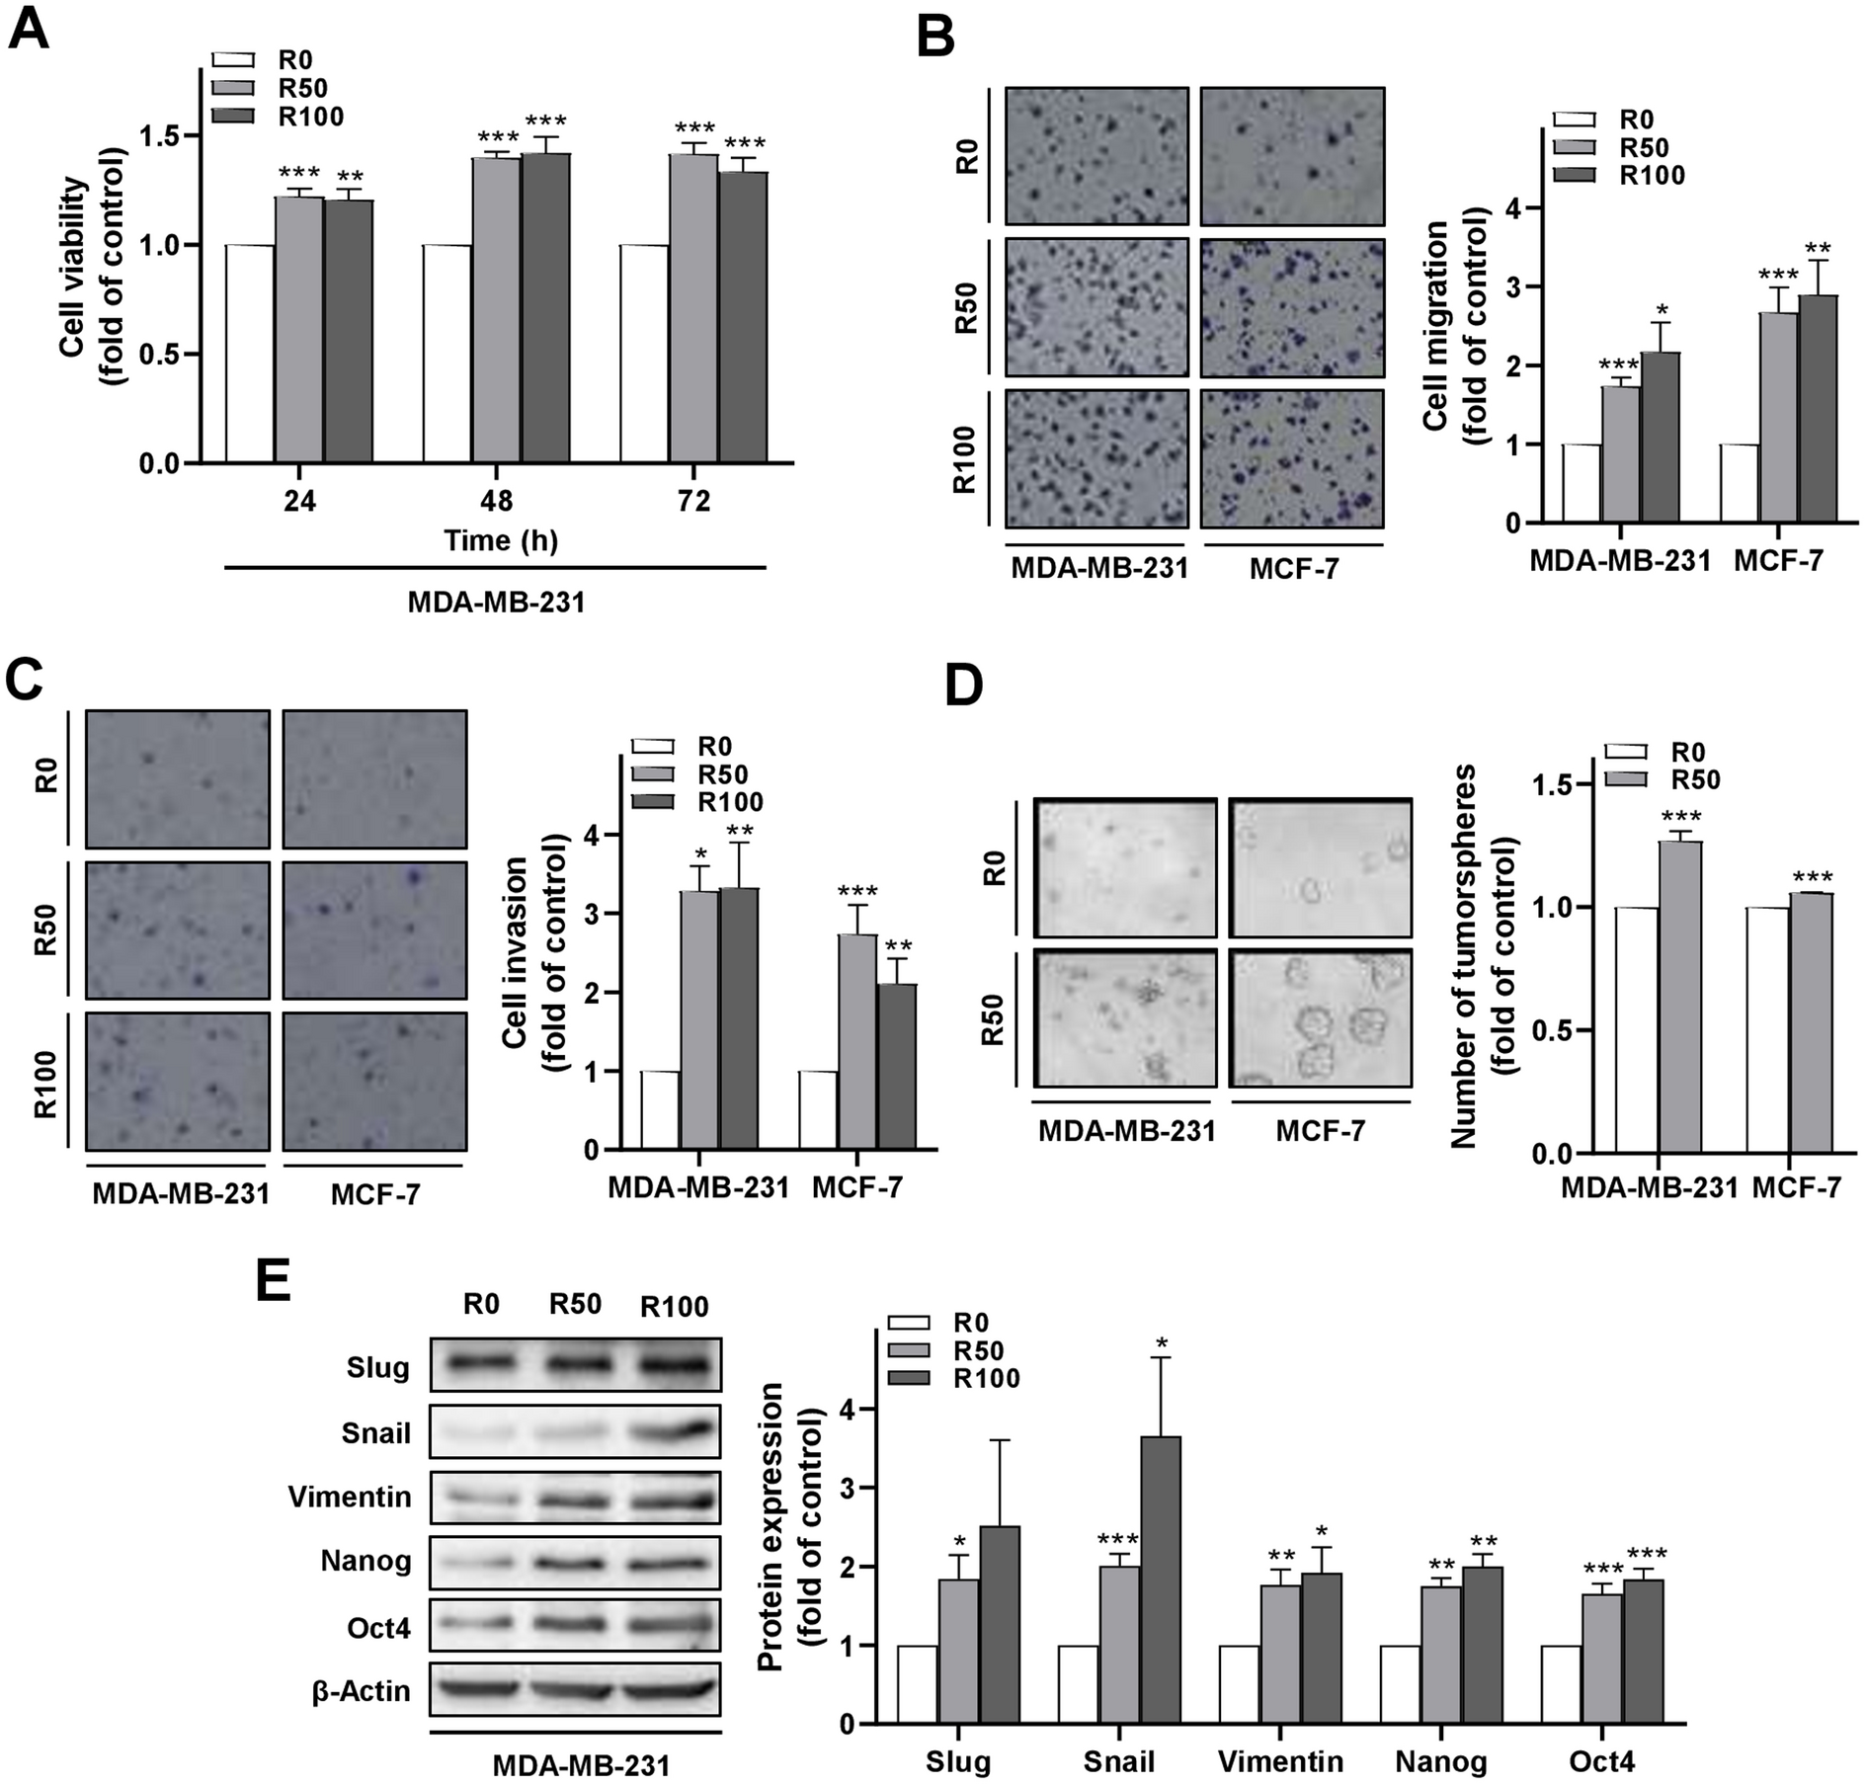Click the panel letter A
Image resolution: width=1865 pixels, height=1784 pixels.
(28, 30)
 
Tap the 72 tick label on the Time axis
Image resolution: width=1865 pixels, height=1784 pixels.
(693, 501)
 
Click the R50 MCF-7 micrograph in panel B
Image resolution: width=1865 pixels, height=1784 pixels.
(1292, 308)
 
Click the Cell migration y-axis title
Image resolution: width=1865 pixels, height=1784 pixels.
(1451, 326)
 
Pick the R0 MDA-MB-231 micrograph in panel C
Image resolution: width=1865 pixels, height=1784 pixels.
(177, 778)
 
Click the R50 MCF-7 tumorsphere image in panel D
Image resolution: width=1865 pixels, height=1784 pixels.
(1320, 1017)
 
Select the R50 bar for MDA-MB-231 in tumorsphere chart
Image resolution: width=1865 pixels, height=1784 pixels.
(1679, 997)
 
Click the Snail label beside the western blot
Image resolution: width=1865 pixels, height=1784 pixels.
(376, 1432)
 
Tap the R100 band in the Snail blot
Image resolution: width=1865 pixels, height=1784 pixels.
(672, 1431)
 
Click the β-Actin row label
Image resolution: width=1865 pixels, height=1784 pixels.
(362, 1690)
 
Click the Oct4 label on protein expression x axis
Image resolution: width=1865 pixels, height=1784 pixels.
(1600, 1762)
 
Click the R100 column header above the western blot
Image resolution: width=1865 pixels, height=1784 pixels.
(674, 1307)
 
